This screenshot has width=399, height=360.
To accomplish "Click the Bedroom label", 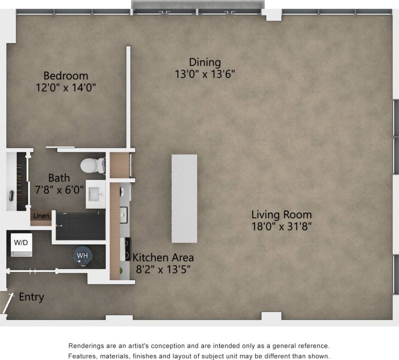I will coord(66,76).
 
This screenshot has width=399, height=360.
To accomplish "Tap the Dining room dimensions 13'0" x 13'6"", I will coord(204,74).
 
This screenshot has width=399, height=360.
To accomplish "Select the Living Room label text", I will coord(281,215).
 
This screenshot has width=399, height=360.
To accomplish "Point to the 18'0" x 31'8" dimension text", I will coord(281,227).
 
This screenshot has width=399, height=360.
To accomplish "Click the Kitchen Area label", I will coord(163,257).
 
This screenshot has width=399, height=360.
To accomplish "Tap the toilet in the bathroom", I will coord(92,165).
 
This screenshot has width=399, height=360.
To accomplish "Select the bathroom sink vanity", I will coord(95,194).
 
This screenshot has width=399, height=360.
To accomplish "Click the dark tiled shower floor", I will coord(80,226).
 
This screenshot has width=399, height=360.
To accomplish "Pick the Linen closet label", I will coord(41,216).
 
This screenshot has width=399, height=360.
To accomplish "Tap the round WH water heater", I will coord(83,255).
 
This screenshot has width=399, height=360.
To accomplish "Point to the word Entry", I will coord(31,297).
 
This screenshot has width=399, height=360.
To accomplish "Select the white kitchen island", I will coord(184,198).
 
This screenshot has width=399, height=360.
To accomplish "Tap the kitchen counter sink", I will coord(124,215).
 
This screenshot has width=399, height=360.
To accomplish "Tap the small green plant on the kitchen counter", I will coord(121,271).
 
